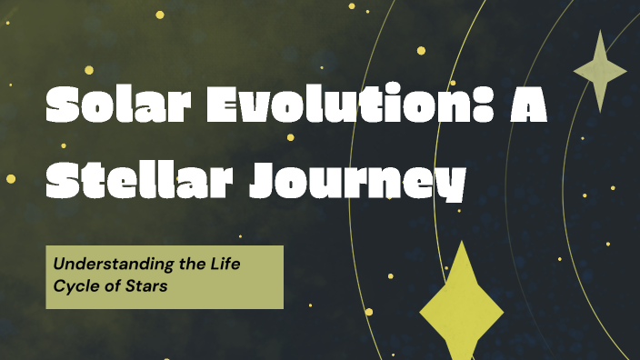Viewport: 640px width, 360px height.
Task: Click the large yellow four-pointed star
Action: click(x=462, y=305)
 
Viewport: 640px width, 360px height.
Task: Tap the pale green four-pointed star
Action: click(x=600, y=71)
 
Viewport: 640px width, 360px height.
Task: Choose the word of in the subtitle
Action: click(x=113, y=286)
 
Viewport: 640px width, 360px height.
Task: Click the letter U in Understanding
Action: click(x=59, y=265)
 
